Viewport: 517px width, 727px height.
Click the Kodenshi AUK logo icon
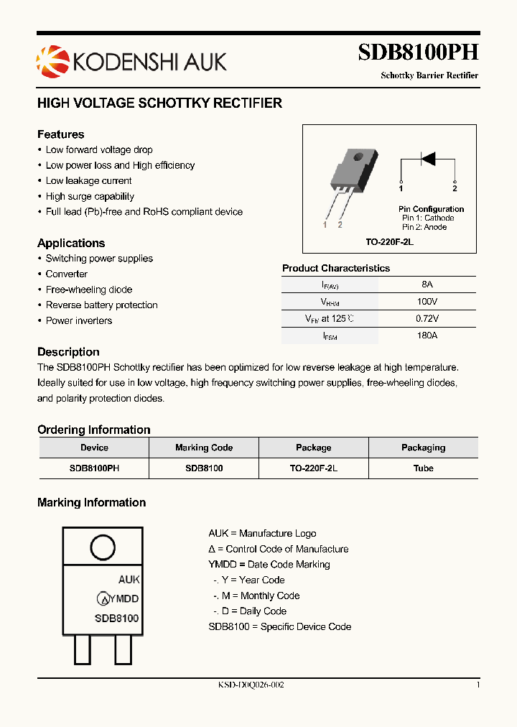point(50,60)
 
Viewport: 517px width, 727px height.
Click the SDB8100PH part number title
point(419,53)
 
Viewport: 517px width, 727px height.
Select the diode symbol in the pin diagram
point(428,158)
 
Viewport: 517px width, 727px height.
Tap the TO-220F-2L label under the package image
point(390,243)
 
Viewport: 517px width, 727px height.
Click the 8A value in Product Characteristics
point(427,284)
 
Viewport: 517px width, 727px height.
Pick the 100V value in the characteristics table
point(427,302)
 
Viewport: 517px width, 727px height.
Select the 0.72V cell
point(427,318)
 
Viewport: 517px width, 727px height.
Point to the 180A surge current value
point(427,335)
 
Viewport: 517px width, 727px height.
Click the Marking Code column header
point(204,448)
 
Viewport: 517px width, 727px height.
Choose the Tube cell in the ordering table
point(423,468)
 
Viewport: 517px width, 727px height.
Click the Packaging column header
point(423,448)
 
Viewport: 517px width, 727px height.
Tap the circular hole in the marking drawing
point(103,547)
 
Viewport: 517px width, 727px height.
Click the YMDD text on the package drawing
point(126,598)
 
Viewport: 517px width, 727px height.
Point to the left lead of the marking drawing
point(83,651)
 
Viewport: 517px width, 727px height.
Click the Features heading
point(60,134)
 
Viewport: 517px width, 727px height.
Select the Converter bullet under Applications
point(66,274)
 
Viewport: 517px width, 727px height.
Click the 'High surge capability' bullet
point(90,196)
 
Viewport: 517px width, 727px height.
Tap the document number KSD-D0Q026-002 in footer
point(251,685)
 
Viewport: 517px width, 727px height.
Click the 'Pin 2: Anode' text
point(424,227)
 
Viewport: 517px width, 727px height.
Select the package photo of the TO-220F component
point(351,172)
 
